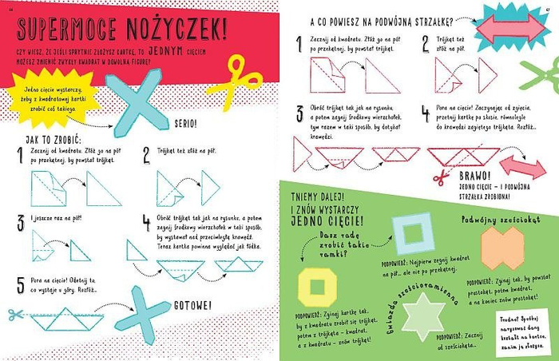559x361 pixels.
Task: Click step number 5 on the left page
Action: pos(20,282)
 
